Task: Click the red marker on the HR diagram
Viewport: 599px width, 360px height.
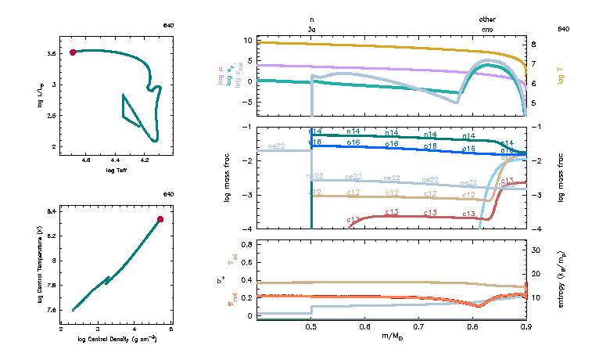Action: point(73,52)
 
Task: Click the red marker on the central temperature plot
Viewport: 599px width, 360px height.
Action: point(160,219)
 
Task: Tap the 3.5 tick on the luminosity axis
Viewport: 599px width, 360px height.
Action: point(51,53)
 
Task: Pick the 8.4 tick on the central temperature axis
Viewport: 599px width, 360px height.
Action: point(52,211)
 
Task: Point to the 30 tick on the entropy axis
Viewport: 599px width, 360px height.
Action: point(536,250)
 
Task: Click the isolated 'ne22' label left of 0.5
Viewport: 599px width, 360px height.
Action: point(276,146)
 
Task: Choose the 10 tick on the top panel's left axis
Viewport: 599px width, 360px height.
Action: point(248,39)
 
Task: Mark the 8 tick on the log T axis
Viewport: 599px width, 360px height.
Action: point(533,45)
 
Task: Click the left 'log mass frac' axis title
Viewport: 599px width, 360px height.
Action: point(228,178)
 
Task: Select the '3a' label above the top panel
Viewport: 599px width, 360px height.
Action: point(312,29)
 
